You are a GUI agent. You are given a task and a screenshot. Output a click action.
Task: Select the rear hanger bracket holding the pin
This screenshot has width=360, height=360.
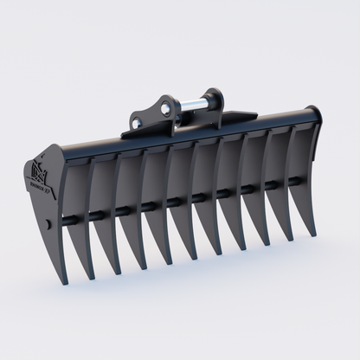pos(209,101)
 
